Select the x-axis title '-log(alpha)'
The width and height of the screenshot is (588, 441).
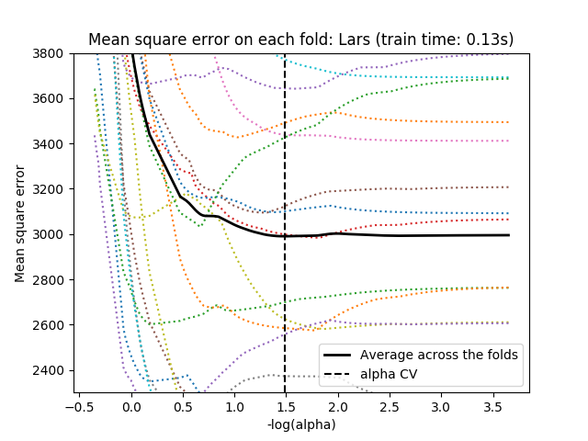301,424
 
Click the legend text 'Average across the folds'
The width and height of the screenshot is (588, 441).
439,355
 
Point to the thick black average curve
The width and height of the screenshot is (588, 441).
413,235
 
